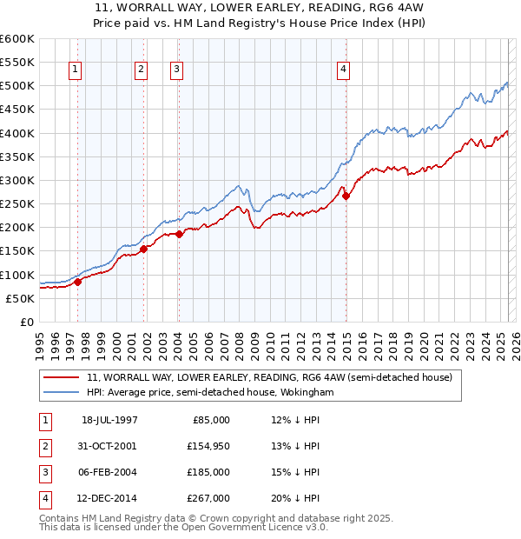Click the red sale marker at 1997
click(x=77, y=282)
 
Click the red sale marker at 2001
click(x=143, y=249)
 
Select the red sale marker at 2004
click(x=179, y=234)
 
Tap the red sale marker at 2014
click(x=346, y=196)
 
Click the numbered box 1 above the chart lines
click(x=76, y=70)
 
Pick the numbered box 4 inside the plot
click(x=344, y=70)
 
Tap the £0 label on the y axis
click(x=25, y=323)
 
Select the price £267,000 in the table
click(x=208, y=498)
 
